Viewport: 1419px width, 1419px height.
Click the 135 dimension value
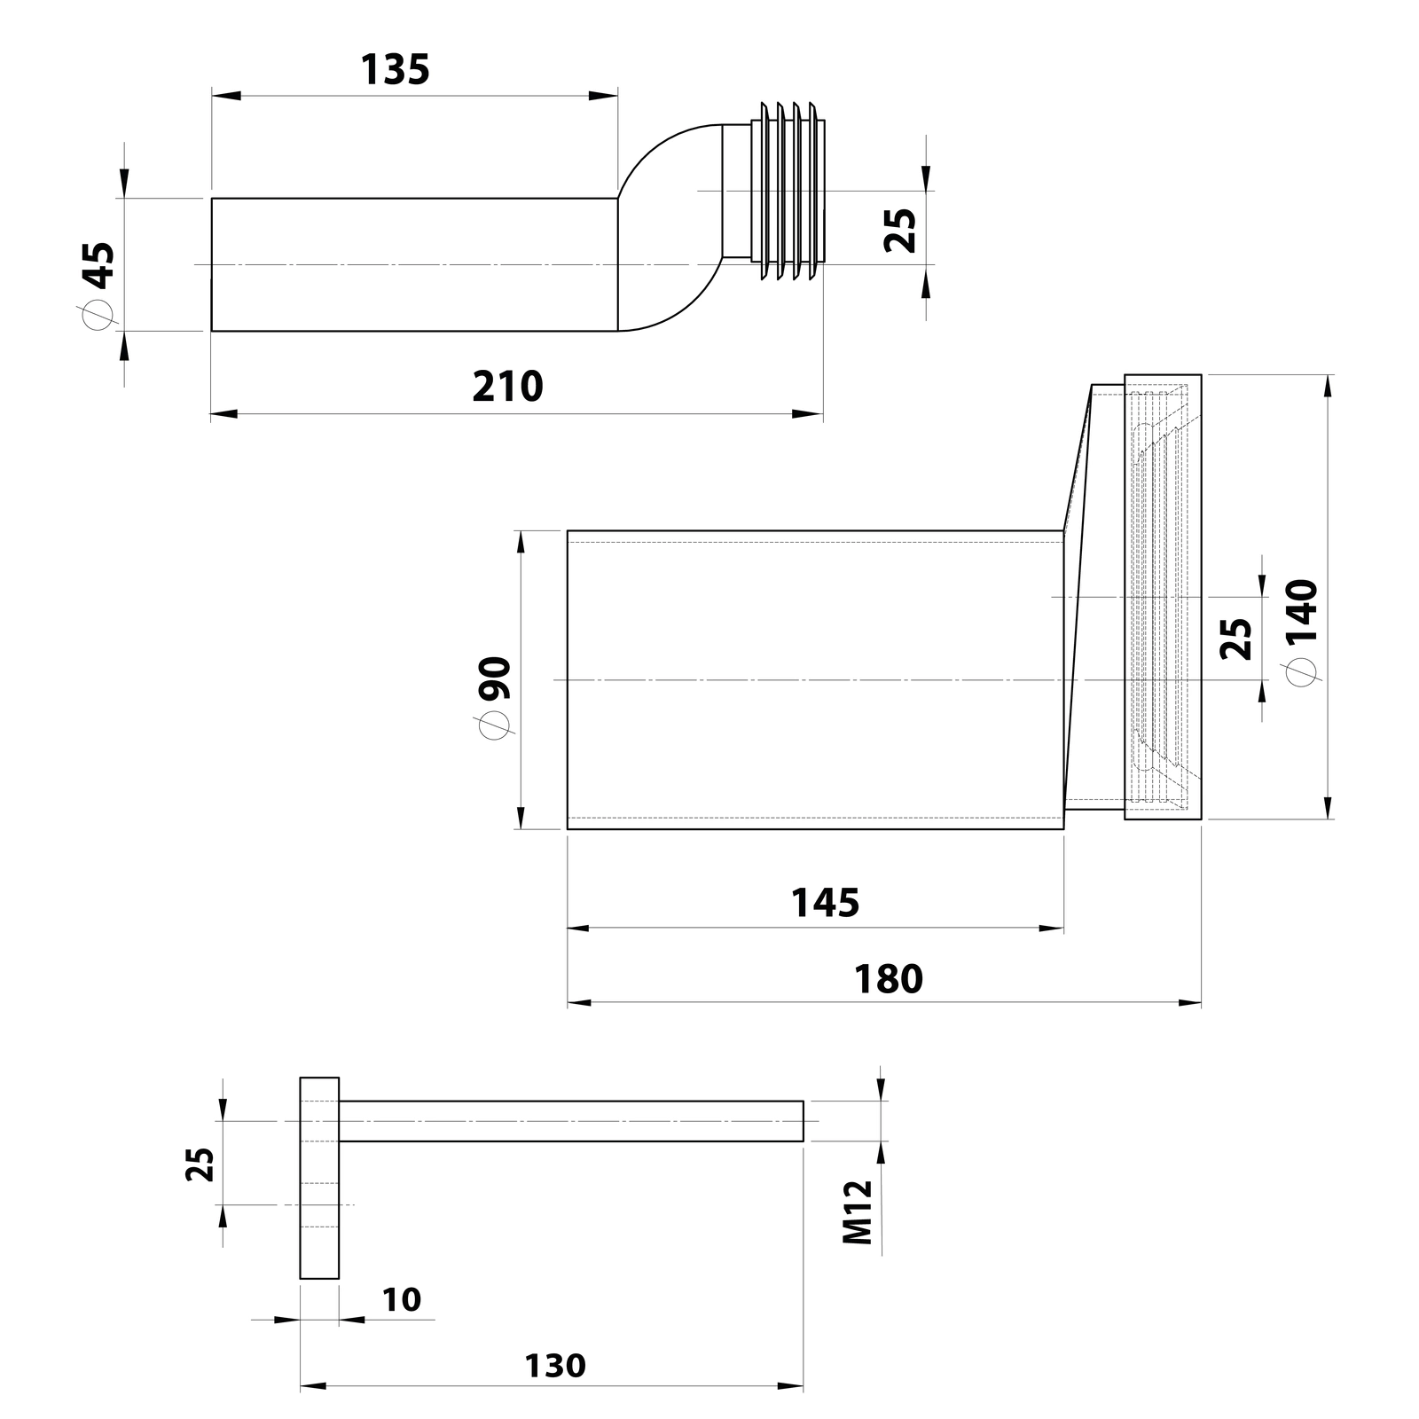[x=395, y=69]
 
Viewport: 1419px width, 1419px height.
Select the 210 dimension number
[x=507, y=387]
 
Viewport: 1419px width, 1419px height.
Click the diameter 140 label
[x=1302, y=631]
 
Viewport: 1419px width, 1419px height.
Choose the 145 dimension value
[x=825, y=903]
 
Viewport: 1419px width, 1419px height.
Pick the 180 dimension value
[x=888, y=979]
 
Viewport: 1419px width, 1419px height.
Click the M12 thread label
[x=858, y=1211]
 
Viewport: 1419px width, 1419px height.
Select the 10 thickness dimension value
[x=402, y=1299]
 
